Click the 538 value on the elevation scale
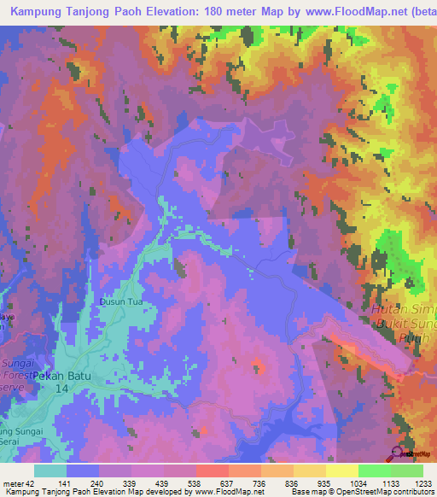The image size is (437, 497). tap(212, 482)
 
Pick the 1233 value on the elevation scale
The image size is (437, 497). tap(422, 482)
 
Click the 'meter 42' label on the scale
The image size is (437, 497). tap(18, 482)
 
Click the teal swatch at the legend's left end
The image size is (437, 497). tap(50, 471)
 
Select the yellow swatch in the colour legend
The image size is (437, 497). tap(341, 471)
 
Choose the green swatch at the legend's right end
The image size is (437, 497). tap(406, 471)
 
